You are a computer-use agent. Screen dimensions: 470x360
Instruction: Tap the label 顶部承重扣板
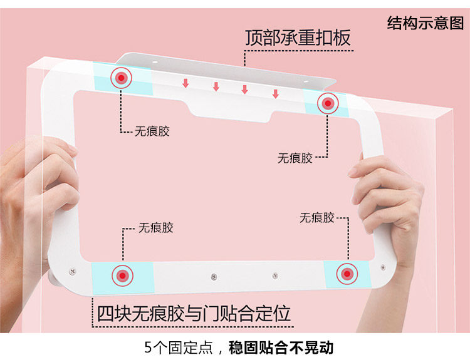coord(298,37)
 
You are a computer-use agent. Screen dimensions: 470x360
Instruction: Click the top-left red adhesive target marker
coord(122,78)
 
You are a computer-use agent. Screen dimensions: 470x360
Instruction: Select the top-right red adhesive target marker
coord(327,103)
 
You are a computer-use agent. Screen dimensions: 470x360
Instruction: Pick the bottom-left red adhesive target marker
coord(122,275)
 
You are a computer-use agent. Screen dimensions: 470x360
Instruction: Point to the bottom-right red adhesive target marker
coord(346,274)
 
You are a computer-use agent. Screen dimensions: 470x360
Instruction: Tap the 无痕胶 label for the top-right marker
coord(295,158)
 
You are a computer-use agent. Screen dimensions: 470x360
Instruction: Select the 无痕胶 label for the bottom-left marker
coord(155,228)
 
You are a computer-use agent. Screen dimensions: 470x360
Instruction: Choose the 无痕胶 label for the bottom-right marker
coord(316,218)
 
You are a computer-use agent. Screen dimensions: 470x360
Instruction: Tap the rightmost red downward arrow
coord(275,94)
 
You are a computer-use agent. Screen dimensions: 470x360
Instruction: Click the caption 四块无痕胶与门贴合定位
coord(194,312)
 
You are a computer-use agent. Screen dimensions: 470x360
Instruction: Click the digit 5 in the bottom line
coord(148,347)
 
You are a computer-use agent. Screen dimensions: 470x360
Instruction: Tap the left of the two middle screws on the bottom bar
coord(214,276)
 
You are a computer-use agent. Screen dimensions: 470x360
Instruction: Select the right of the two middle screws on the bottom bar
coord(274,275)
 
